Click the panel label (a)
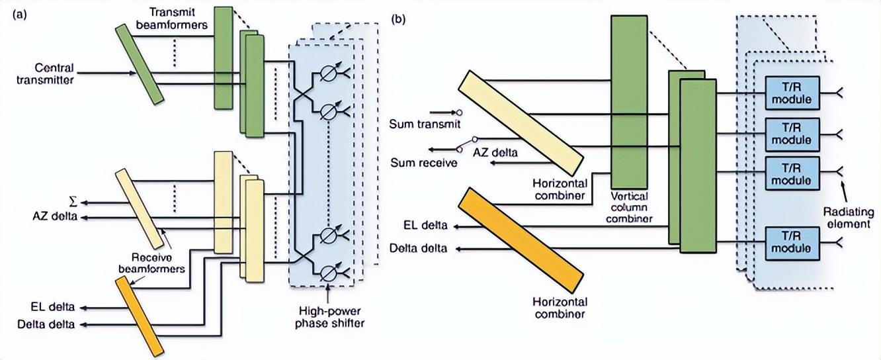(19, 15)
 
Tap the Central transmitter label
(45, 74)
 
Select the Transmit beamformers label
(172, 19)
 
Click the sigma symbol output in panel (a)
(73, 202)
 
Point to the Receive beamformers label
(151, 263)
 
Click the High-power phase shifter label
(329, 317)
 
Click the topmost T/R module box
(792, 93)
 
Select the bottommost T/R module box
(792, 243)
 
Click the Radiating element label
(849, 218)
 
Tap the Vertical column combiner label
(629, 207)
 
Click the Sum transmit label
(425, 124)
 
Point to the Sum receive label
(423, 163)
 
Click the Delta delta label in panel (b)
(418, 249)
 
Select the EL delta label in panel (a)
(53, 307)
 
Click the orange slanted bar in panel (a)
(140, 316)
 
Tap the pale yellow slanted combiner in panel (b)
(521, 123)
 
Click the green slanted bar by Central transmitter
(140, 65)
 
